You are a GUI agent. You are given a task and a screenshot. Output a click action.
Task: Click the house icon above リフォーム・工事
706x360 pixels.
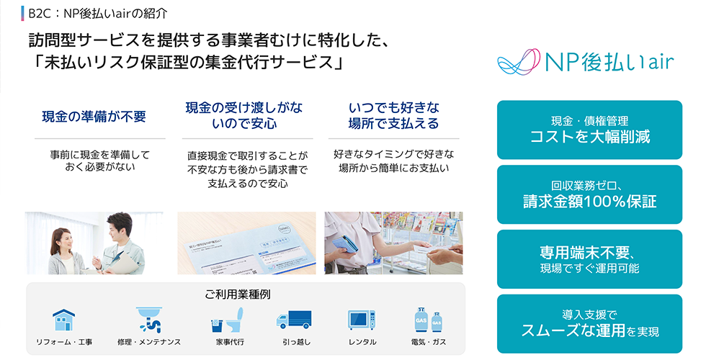pyautogui.click(x=64, y=320)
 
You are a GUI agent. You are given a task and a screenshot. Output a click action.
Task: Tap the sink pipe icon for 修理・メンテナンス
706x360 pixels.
pyautogui.click(x=149, y=320)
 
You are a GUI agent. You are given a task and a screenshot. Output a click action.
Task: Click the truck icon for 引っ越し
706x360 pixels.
pyautogui.click(x=294, y=320)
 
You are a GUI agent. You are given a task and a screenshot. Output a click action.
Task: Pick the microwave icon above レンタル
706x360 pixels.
pyautogui.click(x=362, y=320)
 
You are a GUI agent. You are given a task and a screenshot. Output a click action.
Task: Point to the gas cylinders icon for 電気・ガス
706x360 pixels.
pyautogui.click(x=428, y=320)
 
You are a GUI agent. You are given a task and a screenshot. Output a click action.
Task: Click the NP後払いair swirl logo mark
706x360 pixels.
pyautogui.click(x=518, y=61)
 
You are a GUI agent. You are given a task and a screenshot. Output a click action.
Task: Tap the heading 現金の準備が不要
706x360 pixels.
pyautogui.click(x=94, y=117)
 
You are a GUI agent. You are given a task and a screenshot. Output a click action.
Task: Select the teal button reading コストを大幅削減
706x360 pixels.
pyautogui.click(x=589, y=130)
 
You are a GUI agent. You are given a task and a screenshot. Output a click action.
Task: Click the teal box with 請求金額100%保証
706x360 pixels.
pyautogui.click(x=589, y=194)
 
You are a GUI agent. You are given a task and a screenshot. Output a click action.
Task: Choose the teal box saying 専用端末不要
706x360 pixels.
pyautogui.click(x=589, y=259)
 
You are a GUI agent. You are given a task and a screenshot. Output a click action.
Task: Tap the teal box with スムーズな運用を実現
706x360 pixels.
pyautogui.click(x=589, y=324)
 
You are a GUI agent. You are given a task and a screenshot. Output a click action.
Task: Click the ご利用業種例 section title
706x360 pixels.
pyautogui.click(x=238, y=294)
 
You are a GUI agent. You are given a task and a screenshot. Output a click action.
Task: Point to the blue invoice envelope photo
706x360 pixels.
pyautogui.click(x=246, y=243)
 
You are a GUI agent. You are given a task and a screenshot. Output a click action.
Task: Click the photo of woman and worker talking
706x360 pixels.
pyautogui.click(x=94, y=243)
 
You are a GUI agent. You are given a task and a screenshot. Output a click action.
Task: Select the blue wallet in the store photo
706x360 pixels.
pyautogui.click(x=345, y=245)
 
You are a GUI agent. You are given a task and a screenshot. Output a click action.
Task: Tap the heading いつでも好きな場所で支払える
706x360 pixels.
pyautogui.click(x=393, y=115)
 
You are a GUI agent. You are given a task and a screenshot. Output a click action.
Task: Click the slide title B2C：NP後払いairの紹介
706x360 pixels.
pyautogui.click(x=98, y=14)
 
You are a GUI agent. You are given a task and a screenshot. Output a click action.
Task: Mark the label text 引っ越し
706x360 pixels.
pyautogui.click(x=296, y=342)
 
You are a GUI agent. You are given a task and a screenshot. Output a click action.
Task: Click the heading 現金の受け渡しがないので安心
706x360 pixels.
pyautogui.click(x=244, y=115)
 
